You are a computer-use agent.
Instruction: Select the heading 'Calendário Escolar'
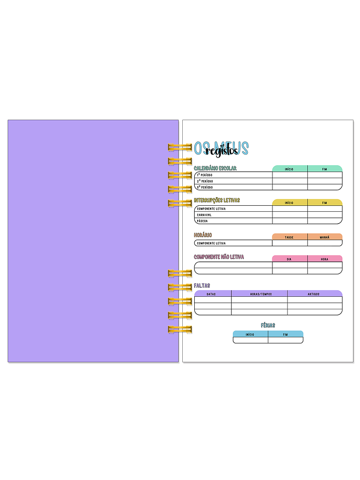(x=215, y=168)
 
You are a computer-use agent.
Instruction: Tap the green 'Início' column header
(x=289, y=169)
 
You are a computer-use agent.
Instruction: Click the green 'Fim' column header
(x=324, y=169)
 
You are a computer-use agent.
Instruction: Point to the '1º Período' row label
(x=204, y=175)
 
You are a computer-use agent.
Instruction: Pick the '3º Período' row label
(x=204, y=187)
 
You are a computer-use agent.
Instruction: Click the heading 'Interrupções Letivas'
(x=217, y=200)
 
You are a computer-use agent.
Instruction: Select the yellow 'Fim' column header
(x=324, y=203)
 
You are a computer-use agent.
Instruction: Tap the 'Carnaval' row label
(x=204, y=215)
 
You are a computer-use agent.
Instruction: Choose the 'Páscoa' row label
(x=202, y=221)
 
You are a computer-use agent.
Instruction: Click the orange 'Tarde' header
(x=289, y=237)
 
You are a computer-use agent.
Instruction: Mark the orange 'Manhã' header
(x=324, y=237)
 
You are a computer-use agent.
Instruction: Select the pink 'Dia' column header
(x=289, y=259)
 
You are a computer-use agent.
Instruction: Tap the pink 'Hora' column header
(x=324, y=259)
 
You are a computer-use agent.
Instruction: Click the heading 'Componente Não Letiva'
(x=219, y=257)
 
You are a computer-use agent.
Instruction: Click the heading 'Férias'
(x=268, y=325)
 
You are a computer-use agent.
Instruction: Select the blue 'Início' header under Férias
(x=250, y=334)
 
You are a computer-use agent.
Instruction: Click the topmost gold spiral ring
(x=180, y=147)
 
